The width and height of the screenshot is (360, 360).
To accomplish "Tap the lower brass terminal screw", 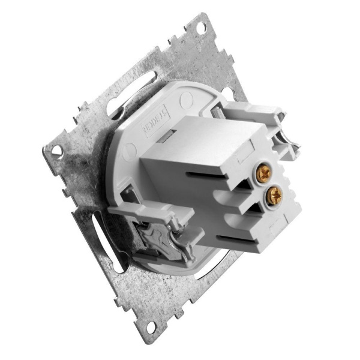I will coord(275,194).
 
